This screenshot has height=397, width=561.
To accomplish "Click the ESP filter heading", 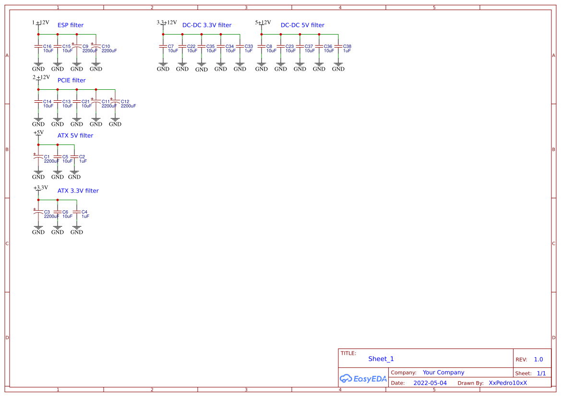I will pos(70,25).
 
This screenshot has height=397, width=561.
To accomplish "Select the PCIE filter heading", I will pos(72,80).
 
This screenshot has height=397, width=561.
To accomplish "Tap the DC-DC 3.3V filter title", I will pos(207,25).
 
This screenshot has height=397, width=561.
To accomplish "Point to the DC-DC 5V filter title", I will pos(302,25).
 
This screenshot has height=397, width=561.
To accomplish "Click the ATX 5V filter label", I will pos(75,135).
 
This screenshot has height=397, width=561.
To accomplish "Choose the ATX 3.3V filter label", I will pos(78,191).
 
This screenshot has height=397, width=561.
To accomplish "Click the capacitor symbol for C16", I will pos(38,46).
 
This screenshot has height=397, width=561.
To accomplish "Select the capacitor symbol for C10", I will pos(96,46).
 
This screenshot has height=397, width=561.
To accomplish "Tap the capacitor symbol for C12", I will pos(115,101).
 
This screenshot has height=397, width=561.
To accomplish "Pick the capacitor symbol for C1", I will pos(38,156).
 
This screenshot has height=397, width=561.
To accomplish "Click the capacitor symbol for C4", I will pos(77,212).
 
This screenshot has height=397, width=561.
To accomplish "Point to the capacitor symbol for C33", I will pos(240,46).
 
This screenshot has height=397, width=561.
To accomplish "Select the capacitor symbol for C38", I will pos(338,46).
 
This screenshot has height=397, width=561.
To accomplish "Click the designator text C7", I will pos(171,47).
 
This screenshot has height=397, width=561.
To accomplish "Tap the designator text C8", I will pos(269,47).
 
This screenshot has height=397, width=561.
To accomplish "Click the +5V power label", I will pos(38,132).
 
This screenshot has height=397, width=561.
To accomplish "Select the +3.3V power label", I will pos(41,188).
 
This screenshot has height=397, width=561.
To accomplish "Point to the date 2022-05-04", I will pos(430,383).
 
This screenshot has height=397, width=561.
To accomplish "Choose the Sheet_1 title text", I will pos(381,359).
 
